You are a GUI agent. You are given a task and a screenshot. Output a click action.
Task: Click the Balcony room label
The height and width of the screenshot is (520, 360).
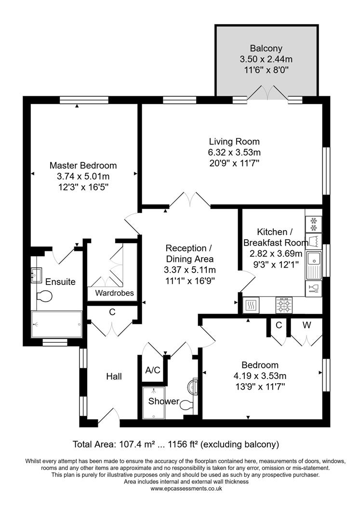[266, 48]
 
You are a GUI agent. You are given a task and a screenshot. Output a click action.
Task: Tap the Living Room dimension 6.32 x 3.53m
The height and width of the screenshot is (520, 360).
[234, 153]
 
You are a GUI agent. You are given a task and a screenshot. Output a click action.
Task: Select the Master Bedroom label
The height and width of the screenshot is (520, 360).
[83, 165]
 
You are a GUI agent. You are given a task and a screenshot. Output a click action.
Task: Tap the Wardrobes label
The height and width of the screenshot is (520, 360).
[114, 293]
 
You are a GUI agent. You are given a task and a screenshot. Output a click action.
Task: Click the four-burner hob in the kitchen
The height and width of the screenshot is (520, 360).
[283, 304]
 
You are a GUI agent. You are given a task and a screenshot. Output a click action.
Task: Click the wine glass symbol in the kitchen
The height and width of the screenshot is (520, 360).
[313, 289]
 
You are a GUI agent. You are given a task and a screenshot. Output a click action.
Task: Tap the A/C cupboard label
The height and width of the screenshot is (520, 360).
[153, 370]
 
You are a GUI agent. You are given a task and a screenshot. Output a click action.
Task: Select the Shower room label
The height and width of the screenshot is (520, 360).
[163, 401]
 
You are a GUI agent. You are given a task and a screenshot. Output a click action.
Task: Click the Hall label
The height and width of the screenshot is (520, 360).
[114, 377]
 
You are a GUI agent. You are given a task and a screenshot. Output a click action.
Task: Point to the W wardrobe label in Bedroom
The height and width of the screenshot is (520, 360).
[307, 325]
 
